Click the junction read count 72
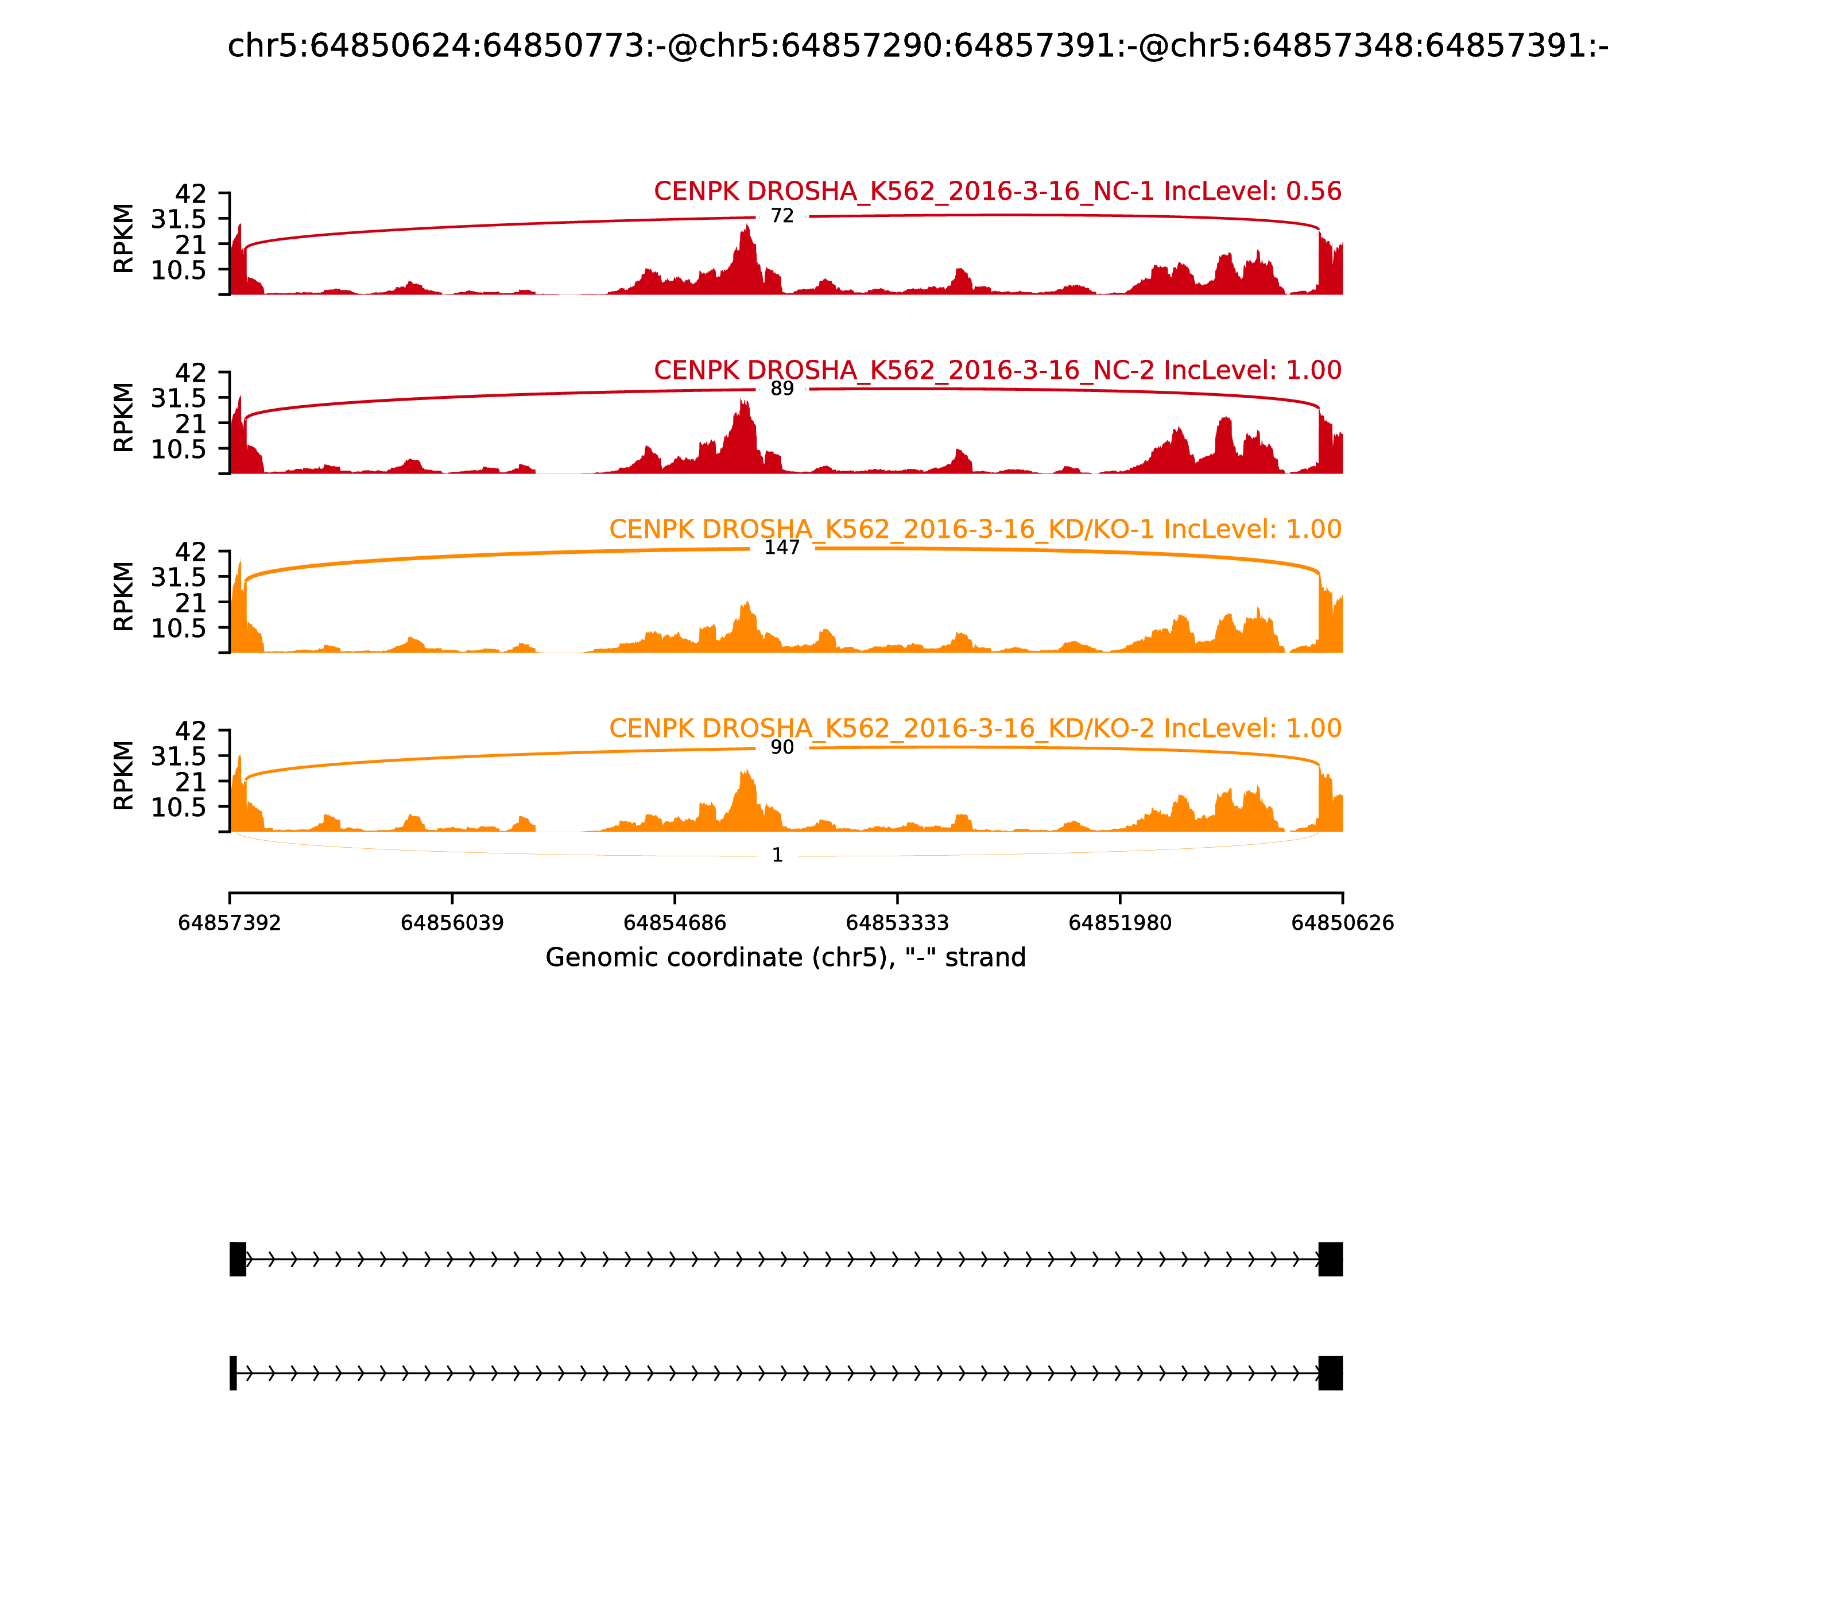pos(782,216)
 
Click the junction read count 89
pos(782,389)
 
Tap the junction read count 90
pos(782,748)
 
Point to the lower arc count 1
pos(778,856)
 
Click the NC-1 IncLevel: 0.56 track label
pos(998,192)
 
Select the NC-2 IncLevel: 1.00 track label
pos(998,370)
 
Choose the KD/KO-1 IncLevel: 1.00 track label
pos(975,529)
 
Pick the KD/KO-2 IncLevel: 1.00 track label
pos(975,728)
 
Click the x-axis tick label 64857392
pos(230,923)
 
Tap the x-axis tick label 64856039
pos(452,923)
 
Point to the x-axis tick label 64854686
pos(675,923)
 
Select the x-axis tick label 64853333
pos(897,923)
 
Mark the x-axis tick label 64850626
pos(1343,923)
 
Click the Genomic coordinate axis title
pos(786,958)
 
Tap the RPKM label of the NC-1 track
pos(124,239)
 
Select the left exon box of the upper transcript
pos(238,1259)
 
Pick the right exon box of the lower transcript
pos(1330,1373)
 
